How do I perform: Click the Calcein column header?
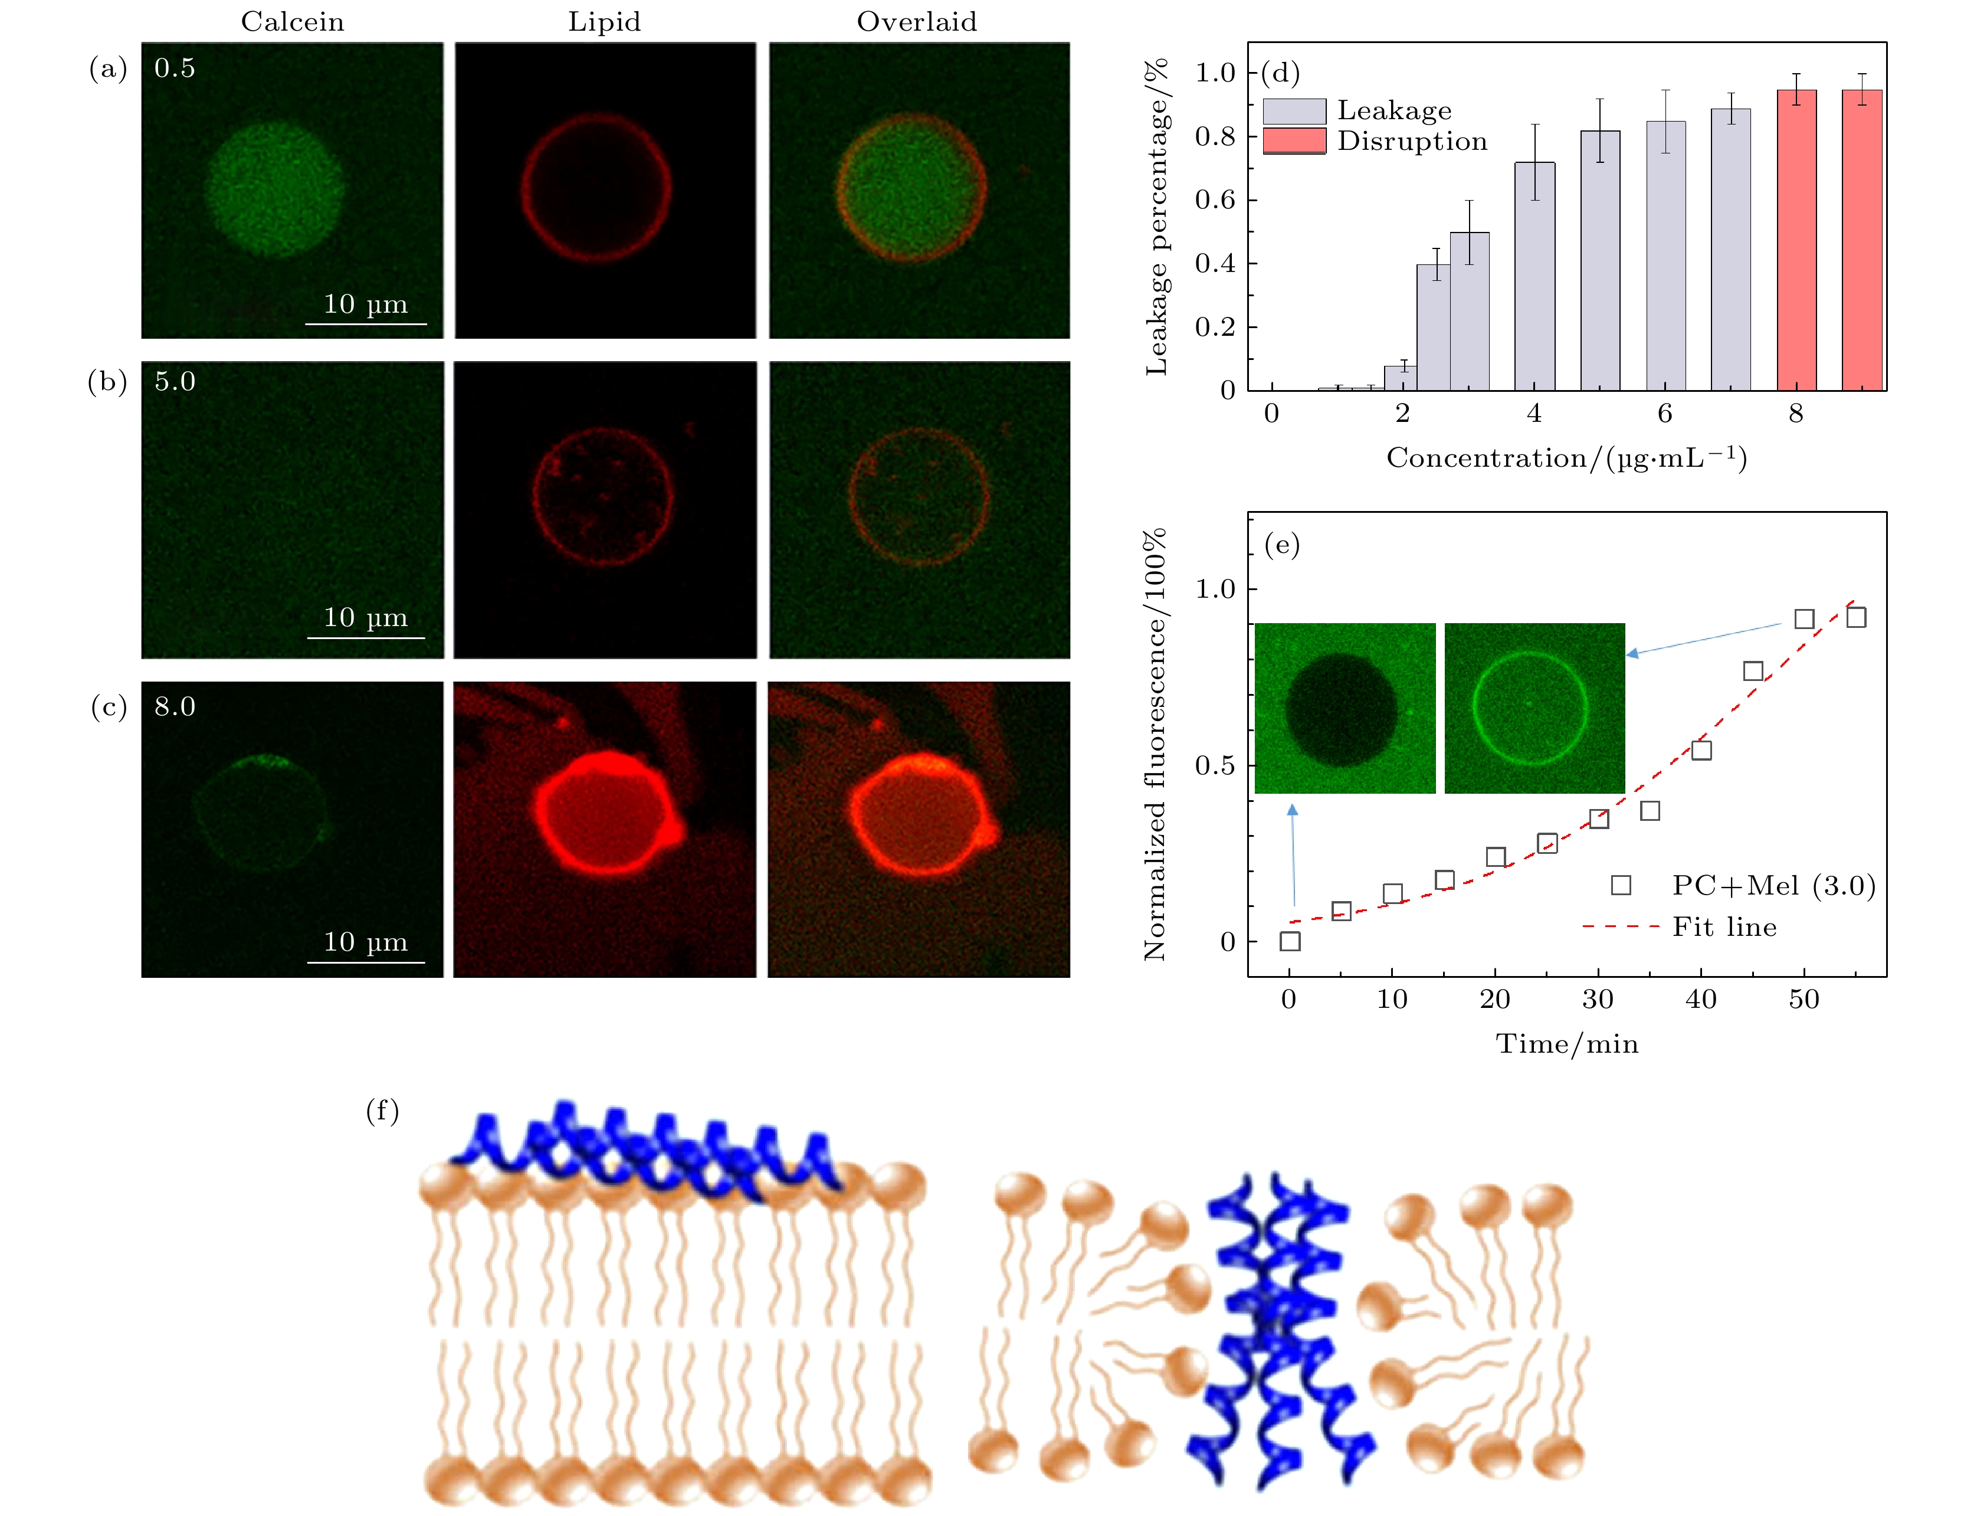pos(292,22)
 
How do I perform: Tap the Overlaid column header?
pos(917,22)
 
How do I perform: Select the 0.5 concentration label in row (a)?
pos(175,68)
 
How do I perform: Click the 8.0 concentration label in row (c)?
pos(175,706)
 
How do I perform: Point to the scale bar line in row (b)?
pos(365,638)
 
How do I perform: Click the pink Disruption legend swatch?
pos(1294,141)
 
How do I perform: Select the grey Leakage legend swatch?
pos(1294,111)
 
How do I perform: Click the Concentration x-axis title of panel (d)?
pos(1566,459)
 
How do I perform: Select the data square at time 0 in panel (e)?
pos(1290,941)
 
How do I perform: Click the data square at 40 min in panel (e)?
pos(1701,750)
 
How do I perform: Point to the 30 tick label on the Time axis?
pos(1598,999)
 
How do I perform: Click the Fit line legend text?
pos(1724,926)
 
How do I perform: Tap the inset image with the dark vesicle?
pos(1345,708)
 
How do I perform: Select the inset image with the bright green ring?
pos(1534,708)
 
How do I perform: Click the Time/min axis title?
pos(1566,1044)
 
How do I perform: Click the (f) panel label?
pos(382,1110)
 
